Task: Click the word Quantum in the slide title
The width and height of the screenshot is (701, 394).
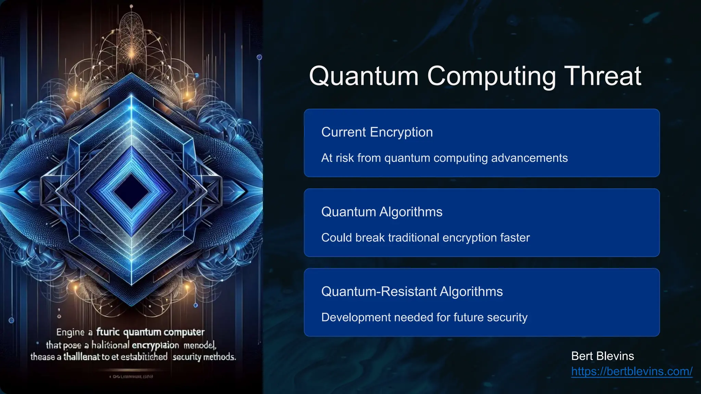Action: [364, 77]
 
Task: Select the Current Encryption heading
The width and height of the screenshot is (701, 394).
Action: [377, 132]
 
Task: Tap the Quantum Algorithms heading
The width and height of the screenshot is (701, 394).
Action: [382, 212]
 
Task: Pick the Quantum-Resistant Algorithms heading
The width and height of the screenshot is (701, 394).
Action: [412, 292]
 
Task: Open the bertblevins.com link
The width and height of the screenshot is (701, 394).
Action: [632, 371]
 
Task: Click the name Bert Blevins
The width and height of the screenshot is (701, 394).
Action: [602, 356]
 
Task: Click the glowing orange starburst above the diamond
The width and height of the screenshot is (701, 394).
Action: [131, 53]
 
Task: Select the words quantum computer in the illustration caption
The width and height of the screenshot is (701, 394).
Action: [164, 332]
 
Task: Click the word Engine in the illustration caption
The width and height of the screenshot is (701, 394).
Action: [70, 332]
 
